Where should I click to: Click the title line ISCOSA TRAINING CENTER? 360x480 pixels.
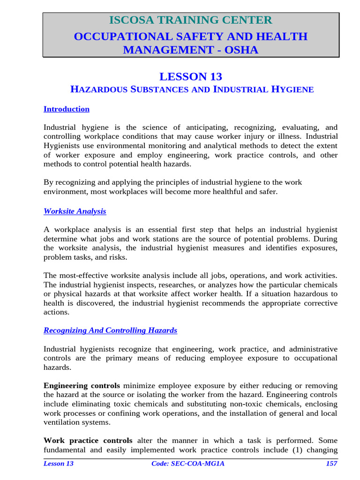pos(190,20)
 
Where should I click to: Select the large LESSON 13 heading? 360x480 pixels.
pos(190,76)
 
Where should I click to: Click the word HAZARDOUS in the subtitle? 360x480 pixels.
pos(99,89)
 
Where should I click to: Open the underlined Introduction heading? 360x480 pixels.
pos(67,109)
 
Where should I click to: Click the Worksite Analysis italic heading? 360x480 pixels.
pos(75,211)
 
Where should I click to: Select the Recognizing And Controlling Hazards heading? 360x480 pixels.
pos(110,330)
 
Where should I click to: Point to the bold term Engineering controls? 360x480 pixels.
pos(82,386)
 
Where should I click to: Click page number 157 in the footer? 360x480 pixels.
pos(331,464)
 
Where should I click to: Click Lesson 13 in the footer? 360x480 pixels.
pos(59,464)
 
